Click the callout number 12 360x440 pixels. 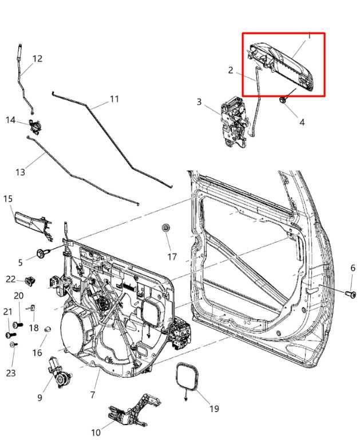37,58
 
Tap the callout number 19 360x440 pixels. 213,408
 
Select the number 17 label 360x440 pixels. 172,256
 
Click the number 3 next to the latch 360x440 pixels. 199,102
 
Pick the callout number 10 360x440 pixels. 95,432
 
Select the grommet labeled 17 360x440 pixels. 166,229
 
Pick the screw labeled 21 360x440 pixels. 9,335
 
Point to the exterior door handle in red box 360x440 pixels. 282,64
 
